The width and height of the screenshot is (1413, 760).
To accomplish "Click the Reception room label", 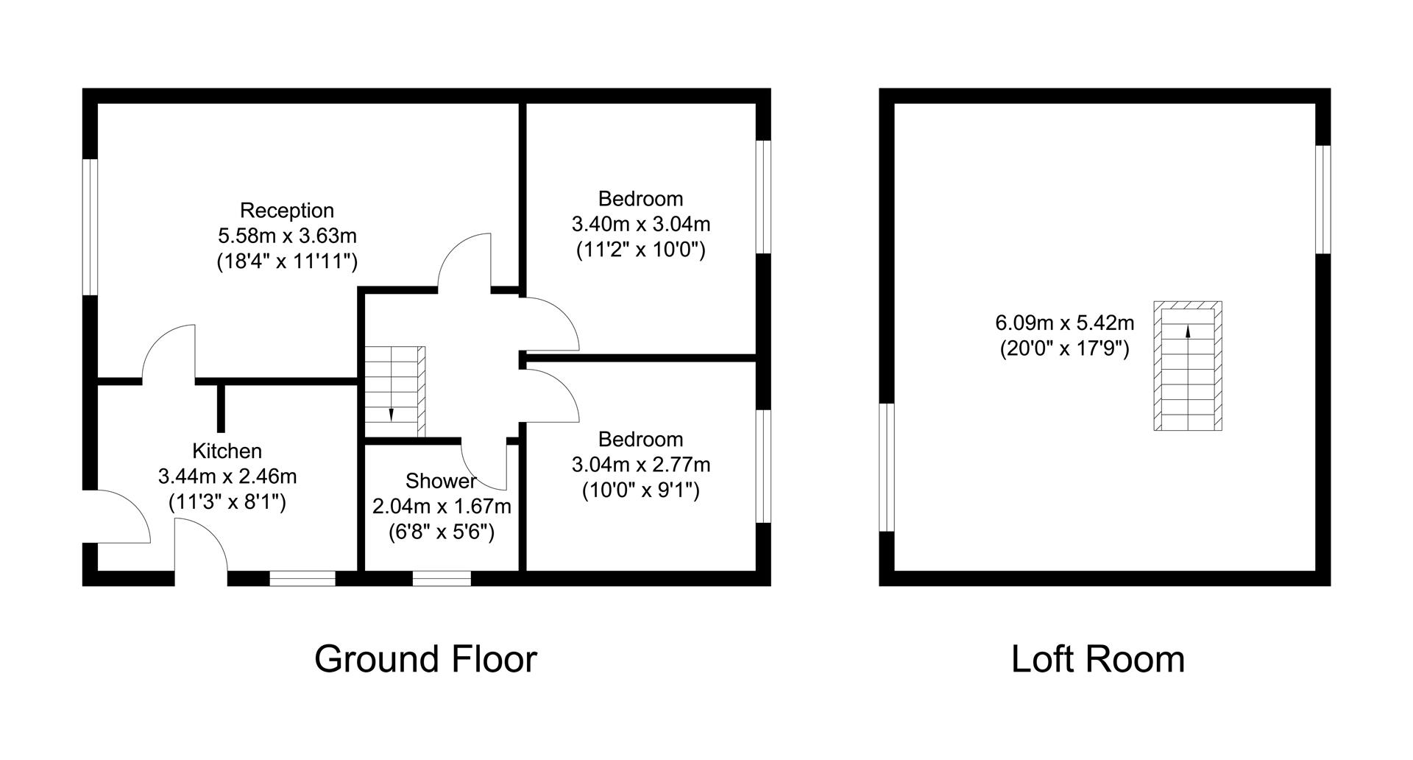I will point(287,211).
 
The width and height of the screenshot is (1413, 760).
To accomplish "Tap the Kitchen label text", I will point(227,451).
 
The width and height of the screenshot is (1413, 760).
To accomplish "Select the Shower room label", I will point(441,482).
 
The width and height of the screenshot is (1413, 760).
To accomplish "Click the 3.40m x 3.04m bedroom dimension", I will point(640,224).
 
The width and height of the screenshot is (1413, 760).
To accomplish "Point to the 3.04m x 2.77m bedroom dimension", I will point(640,465).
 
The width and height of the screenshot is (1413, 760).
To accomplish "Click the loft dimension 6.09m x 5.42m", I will point(1064,323).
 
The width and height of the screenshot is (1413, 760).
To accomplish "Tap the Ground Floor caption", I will point(425,659).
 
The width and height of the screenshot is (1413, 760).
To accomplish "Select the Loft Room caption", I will point(1097,659).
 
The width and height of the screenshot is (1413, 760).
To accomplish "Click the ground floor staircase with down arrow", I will point(395,392).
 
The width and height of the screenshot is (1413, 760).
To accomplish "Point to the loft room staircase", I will point(1187,366).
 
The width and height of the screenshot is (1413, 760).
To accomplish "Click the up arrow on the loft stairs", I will point(1187,333).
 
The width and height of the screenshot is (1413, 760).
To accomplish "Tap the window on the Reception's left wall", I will point(90,227).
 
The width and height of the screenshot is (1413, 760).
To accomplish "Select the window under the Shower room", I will point(442,579).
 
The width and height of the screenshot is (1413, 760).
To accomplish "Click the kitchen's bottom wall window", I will point(302,579).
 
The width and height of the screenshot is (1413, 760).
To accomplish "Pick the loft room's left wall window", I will point(886,467).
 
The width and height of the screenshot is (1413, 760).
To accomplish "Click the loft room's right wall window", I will point(1323,200).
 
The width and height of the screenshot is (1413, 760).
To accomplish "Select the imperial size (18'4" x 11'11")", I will point(287,262).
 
